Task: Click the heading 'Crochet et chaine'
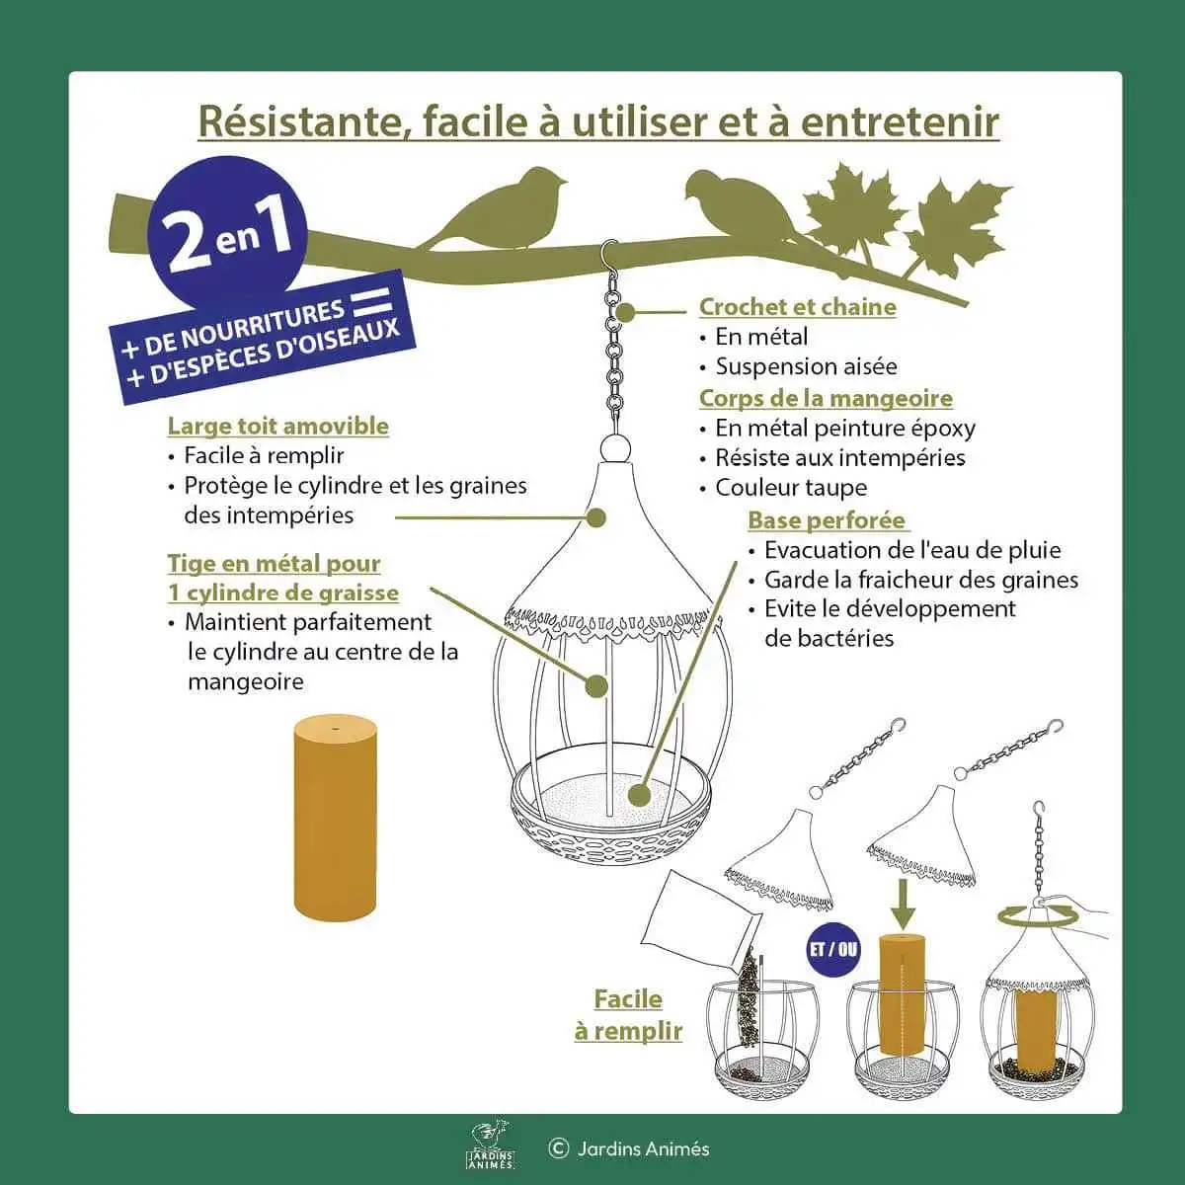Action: point(798,307)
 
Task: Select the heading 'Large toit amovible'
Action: point(277,426)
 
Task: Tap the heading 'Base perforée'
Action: point(828,520)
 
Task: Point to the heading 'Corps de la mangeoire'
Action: point(826,398)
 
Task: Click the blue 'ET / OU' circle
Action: point(833,949)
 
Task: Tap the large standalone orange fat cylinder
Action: point(335,817)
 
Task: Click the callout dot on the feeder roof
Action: point(595,517)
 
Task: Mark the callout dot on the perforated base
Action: point(640,795)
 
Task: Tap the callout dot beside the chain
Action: point(625,312)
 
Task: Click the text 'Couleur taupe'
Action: point(791,488)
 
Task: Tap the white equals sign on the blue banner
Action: point(371,301)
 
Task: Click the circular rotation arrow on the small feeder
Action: point(1038,917)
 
